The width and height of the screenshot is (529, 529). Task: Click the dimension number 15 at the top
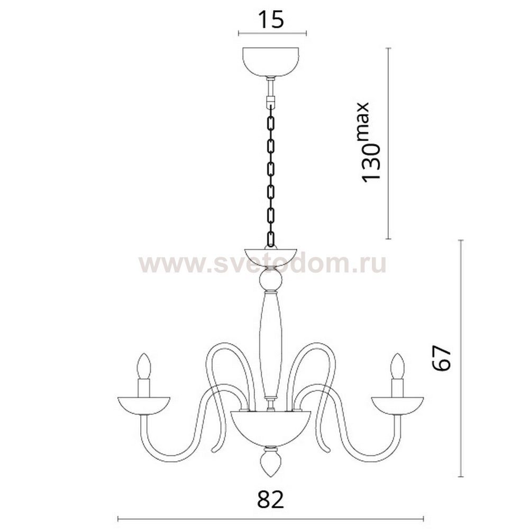coord(271,20)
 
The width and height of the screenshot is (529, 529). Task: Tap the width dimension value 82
coord(270,499)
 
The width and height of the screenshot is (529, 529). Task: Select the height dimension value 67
coord(442,358)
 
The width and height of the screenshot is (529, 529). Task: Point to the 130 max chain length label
coord(370,142)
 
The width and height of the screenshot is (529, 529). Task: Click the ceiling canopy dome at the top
coord(271,62)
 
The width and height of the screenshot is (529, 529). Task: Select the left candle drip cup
coord(144,405)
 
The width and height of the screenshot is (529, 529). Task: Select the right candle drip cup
coord(397,405)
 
